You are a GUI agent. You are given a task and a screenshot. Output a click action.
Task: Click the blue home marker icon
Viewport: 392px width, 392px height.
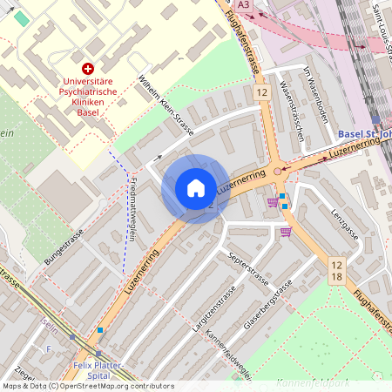195,187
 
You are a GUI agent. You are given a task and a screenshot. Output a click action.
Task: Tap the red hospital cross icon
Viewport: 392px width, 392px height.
87,68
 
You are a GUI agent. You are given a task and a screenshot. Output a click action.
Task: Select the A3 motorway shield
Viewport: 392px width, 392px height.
244,5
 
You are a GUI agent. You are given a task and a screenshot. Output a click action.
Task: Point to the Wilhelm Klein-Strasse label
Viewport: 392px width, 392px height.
165,105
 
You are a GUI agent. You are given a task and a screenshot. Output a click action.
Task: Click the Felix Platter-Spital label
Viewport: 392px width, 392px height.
98,370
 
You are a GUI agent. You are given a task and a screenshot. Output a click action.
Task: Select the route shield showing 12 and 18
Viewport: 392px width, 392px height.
337,268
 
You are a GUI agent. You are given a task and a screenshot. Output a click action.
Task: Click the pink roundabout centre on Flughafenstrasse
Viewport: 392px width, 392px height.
278,172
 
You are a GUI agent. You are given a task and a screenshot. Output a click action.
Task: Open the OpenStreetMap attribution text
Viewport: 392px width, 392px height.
87,386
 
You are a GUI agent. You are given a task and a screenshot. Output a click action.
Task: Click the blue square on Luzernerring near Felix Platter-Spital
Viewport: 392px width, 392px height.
100,330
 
